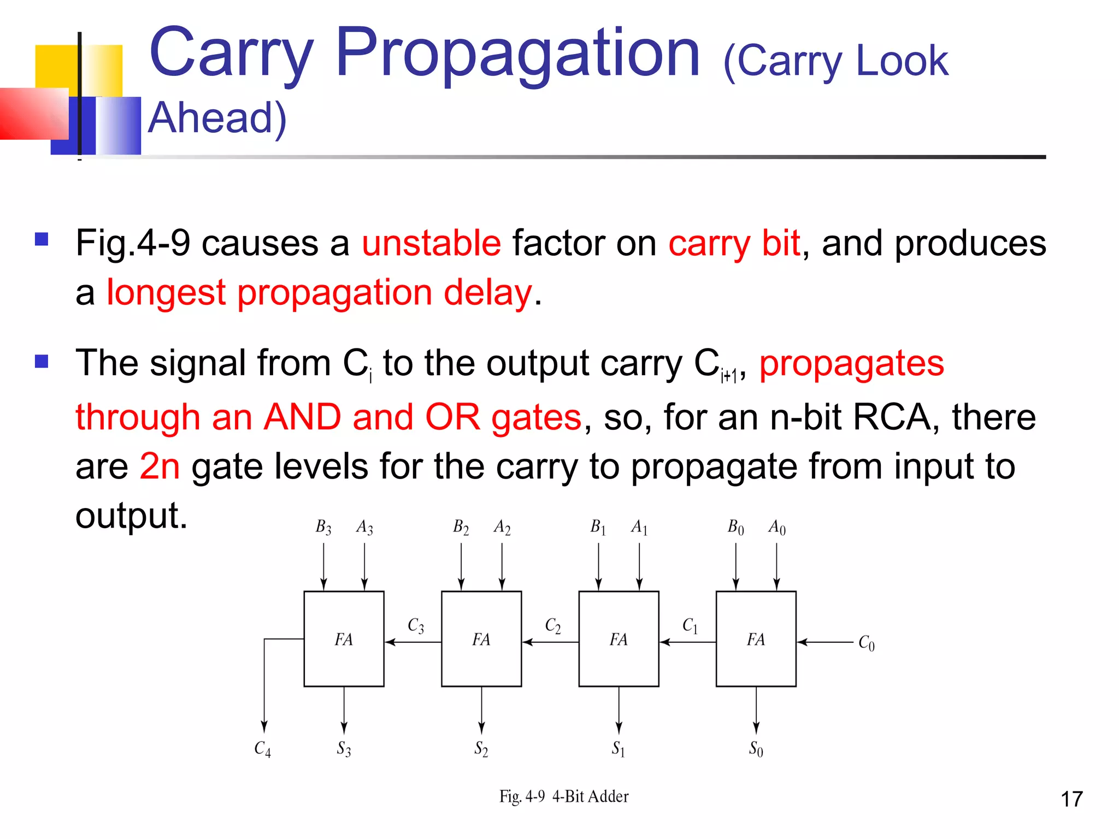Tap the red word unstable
pos(431,243)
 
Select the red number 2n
pos(160,466)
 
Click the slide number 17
pos(1071,799)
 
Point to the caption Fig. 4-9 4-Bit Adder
pos(564,796)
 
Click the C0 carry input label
pos(867,643)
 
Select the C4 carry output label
pos(263,748)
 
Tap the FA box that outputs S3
pos(344,639)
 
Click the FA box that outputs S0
pos(756,639)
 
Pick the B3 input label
pos(323,527)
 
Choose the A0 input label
pos(777,527)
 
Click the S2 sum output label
pos(481,748)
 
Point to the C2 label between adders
pos(553,625)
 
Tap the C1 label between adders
pos(690,625)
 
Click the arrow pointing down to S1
pos(619,710)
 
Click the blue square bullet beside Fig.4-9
pos(42,239)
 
